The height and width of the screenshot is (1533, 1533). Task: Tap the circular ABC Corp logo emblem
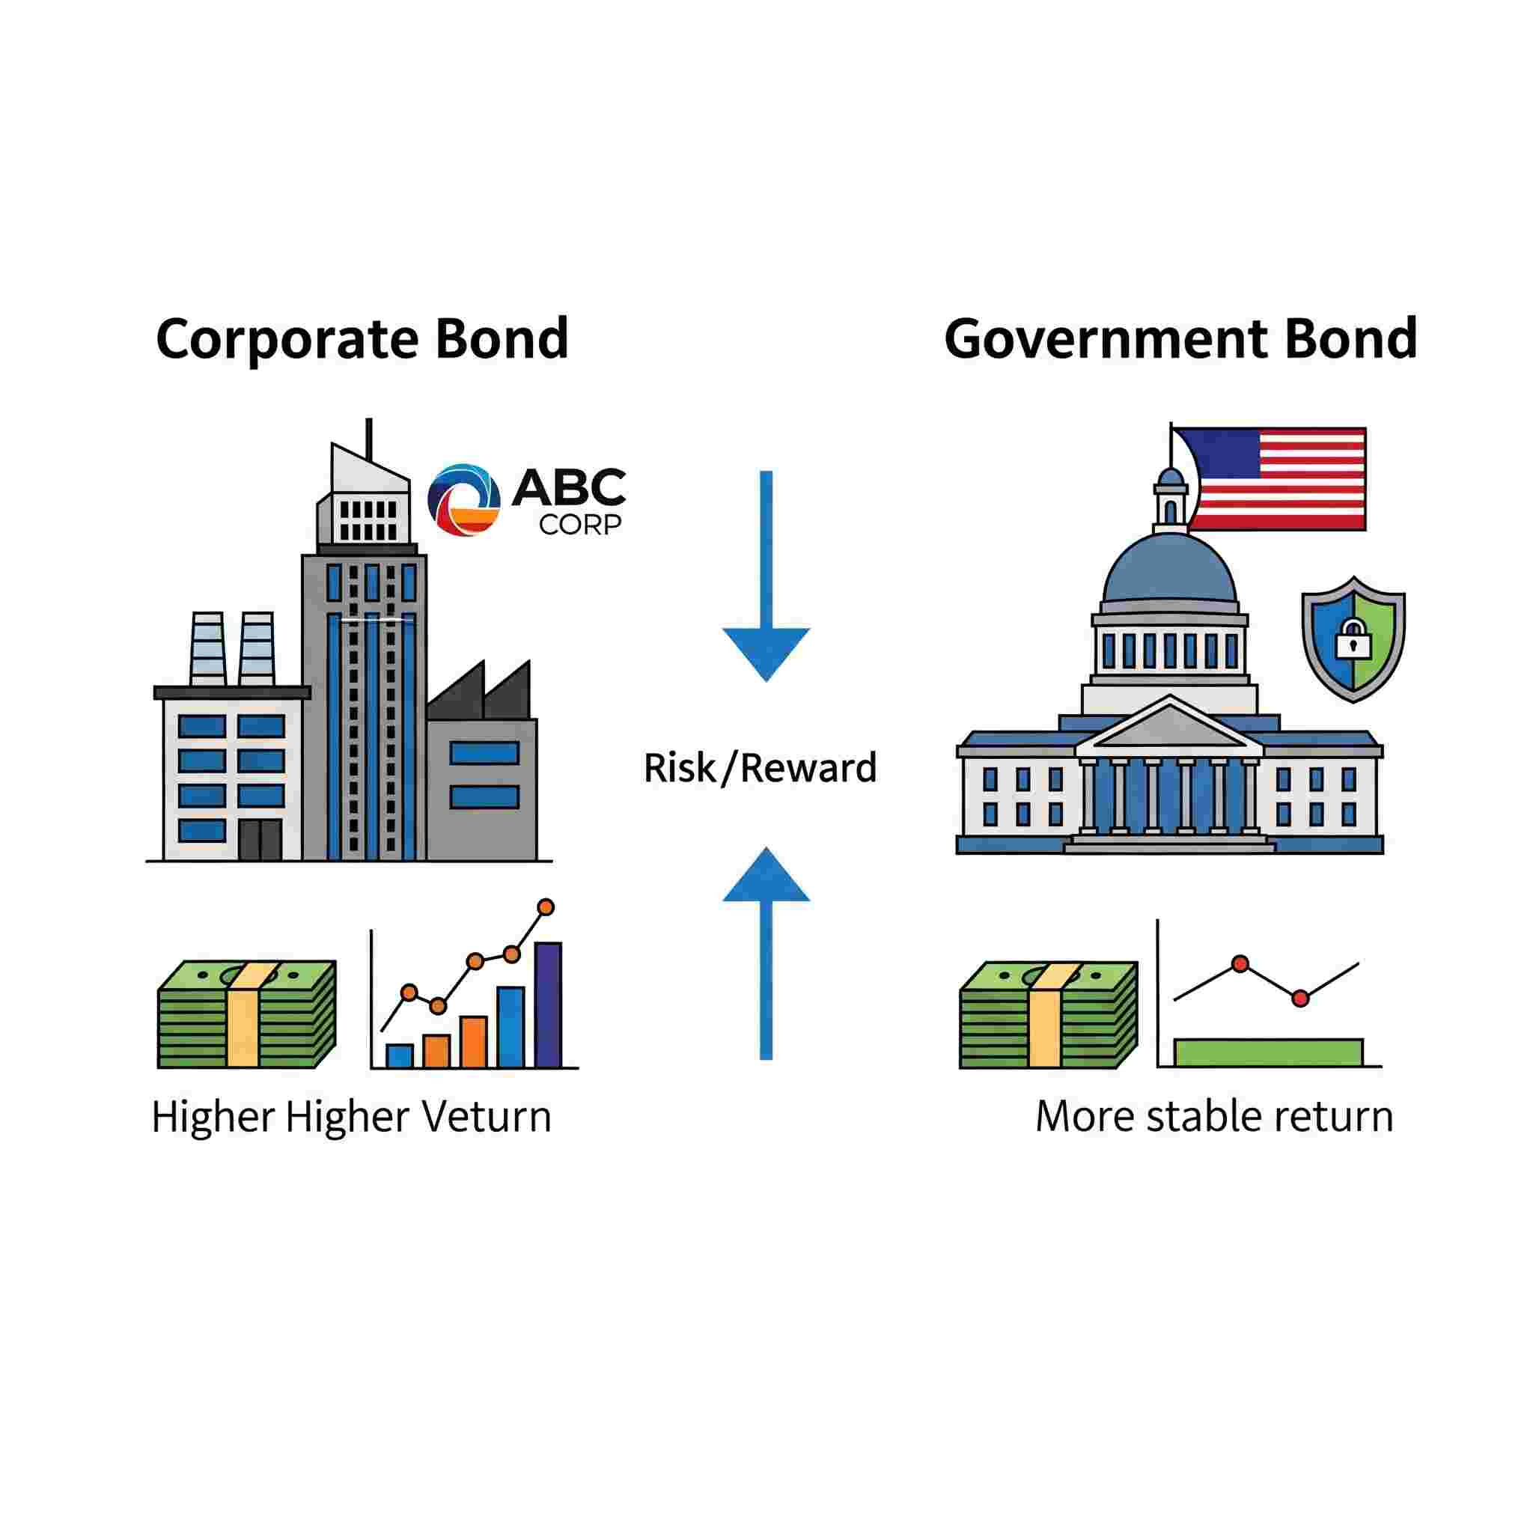pyautogui.click(x=463, y=500)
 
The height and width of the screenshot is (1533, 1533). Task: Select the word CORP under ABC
pyautogui.click(x=580, y=525)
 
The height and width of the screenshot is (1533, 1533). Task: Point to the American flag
pyautogui.click(x=1269, y=479)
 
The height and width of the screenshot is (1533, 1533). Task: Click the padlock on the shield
pyautogui.click(x=1353, y=639)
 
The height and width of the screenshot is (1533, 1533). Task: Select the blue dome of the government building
pyautogui.click(x=1170, y=569)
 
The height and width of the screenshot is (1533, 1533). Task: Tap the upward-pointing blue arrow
pyautogui.click(x=766, y=953)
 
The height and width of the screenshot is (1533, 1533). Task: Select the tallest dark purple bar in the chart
pyautogui.click(x=548, y=1005)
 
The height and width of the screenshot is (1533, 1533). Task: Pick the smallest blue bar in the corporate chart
pyautogui.click(x=399, y=1055)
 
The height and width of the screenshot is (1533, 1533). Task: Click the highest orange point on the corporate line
pyautogui.click(x=545, y=907)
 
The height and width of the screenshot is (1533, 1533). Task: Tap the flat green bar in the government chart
pyautogui.click(x=1268, y=1052)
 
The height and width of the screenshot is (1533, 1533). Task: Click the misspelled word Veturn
pyautogui.click(x=486, y=1118)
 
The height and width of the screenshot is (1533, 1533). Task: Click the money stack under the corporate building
pyautogui.click(x=247, y=1015)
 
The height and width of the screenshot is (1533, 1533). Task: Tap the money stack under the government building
pyautogui.click(x=1048, y=1015)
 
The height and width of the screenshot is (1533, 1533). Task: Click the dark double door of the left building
pyautogui.click(x=260, y=841)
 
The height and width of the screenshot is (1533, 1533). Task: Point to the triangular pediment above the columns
pyautogui.click(x=1170, y=724)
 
